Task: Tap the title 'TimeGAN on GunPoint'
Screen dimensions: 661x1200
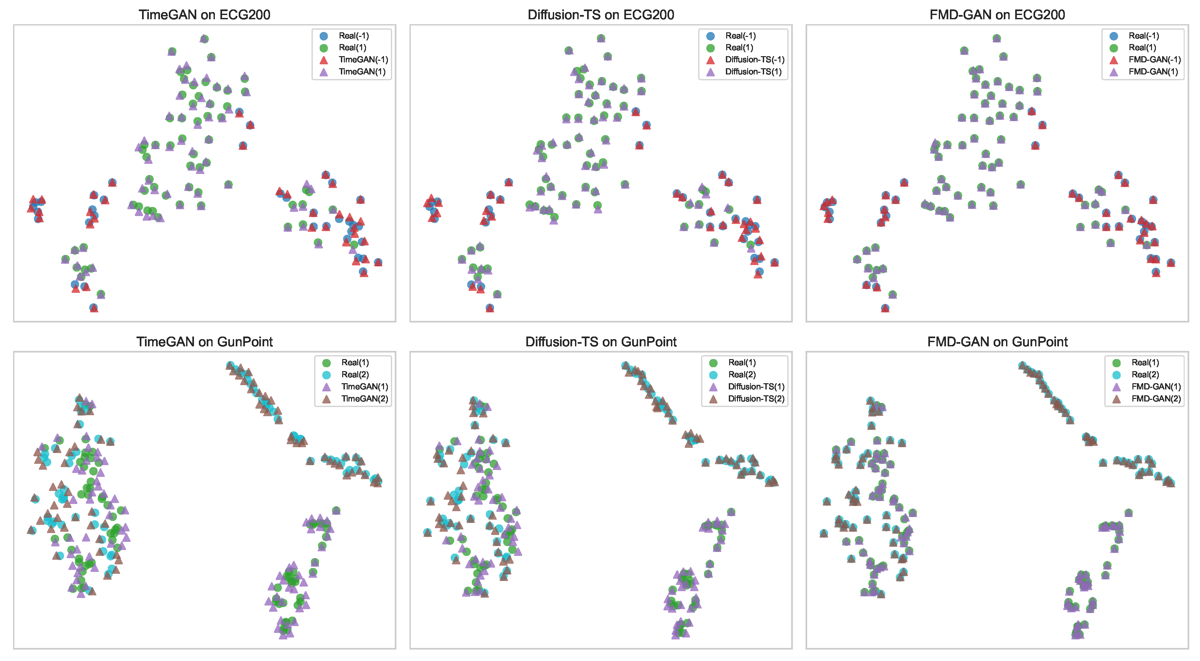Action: coord(204,341)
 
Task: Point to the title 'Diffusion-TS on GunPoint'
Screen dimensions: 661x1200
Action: coord(600,341)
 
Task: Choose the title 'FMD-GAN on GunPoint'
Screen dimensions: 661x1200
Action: coord(997,341)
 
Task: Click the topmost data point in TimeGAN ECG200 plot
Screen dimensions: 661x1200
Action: coord(204,39)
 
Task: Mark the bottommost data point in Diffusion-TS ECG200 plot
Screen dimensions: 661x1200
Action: coord(489,308)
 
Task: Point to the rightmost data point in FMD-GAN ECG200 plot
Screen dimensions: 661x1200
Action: coord(1171,263)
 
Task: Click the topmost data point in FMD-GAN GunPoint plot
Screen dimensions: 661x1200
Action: coord(1022,365)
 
